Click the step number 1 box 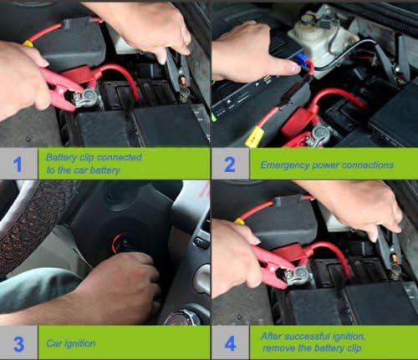coord(18,163)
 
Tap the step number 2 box coord(230,164)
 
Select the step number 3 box coord(18,342)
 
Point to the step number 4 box coord(230,342)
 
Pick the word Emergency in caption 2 coord(284,165)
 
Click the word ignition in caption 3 coord(82,343)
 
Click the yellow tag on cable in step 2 coord(253,136)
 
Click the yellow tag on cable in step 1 coord(27,43)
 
